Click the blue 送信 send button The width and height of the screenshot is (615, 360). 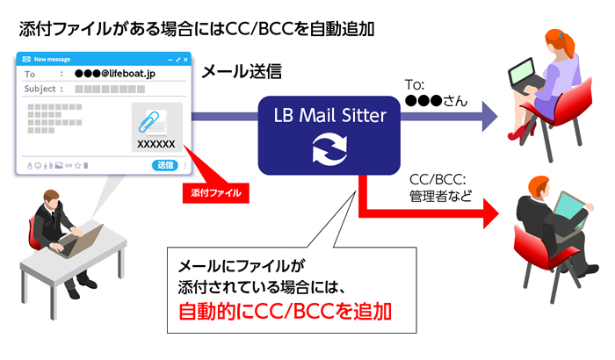[165, 165]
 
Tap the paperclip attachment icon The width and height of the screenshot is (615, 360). [149, 121]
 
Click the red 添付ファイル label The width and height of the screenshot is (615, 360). [216, 192]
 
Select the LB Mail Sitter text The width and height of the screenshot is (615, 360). [329, 115]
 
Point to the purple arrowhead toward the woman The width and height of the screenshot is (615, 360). [489, 116]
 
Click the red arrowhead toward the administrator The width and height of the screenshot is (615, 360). [491, 213]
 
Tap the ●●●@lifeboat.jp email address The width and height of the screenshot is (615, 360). [115, 74]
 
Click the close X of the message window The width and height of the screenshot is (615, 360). [185, 60]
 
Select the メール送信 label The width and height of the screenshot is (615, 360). [242, 71]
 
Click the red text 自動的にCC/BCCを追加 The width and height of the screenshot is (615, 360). [285, 312]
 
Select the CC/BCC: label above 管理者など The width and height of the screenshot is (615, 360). [438, 180]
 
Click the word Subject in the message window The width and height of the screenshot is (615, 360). [40, 89]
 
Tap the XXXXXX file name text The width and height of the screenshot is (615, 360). [156, 144]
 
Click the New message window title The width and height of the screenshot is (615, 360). [52, 59]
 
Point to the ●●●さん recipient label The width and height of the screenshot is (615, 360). [436, 101]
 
